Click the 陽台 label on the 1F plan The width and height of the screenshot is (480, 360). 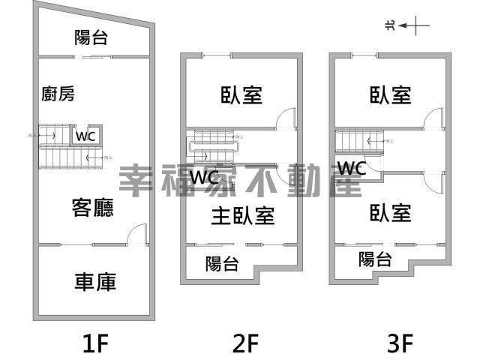pos(91,37)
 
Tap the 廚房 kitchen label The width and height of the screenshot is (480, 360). pos(58,94)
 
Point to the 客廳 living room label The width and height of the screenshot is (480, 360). pos(93,207)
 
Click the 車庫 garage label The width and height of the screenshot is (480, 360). pos(95,281)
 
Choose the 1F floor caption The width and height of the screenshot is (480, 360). pos(95,343)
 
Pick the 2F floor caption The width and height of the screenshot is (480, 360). pos(245,343)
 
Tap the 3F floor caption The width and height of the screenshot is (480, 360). pos(400,343)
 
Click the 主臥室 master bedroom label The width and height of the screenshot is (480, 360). pos(241,216)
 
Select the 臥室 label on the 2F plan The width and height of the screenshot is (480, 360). pos(241,95)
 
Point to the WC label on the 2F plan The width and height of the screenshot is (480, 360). pos(205,178)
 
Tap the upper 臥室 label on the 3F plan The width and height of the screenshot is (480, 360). pos(391,95)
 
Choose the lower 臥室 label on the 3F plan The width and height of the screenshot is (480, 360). pos(391,213)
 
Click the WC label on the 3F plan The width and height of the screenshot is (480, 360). pos(351,168)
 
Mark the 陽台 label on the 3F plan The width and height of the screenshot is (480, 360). pos(374,259)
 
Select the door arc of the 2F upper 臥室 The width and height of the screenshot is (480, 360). pos(285,118)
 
